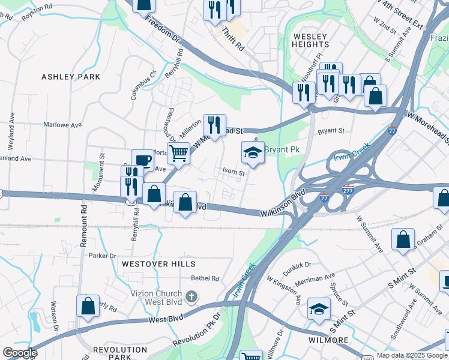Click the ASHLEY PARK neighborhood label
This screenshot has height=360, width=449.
coord(71,77)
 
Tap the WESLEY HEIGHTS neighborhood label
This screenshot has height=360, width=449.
coord(311,40)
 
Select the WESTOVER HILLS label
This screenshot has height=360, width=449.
coord(158,264)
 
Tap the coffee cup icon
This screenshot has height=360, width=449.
coord(142,160)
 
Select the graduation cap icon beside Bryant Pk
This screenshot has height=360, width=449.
coord(253,153)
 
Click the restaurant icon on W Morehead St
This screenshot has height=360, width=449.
coord(214,125)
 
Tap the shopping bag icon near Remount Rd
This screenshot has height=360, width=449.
coord(88,305)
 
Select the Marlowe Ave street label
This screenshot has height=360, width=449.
coord(62,125)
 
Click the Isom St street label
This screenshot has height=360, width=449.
coord(234,173)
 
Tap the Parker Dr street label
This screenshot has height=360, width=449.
coord(102,256)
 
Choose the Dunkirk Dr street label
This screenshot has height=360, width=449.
coord(298,265)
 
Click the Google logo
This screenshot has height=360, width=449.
coord(20,353)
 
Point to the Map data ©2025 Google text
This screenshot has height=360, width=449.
coord(412,355)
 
